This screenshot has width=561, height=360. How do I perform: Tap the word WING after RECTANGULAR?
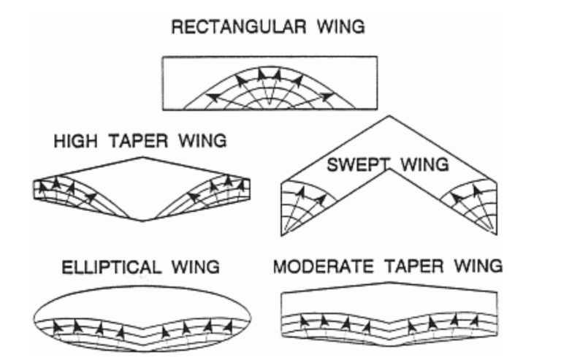(x=340, y=28)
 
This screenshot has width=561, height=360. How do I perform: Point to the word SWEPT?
(x=352, y=164)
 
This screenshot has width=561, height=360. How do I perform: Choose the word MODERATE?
(x=326, y=265)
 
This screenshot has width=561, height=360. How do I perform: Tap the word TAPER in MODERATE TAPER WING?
(x=418, y=265)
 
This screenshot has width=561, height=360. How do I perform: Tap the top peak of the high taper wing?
(x=143, y=157)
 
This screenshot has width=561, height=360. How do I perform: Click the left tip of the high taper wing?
(x=34, y=189)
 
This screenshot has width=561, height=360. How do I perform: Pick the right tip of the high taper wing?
(x=253, y=189)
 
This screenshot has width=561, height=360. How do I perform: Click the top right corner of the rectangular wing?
(x=377, y=57)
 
